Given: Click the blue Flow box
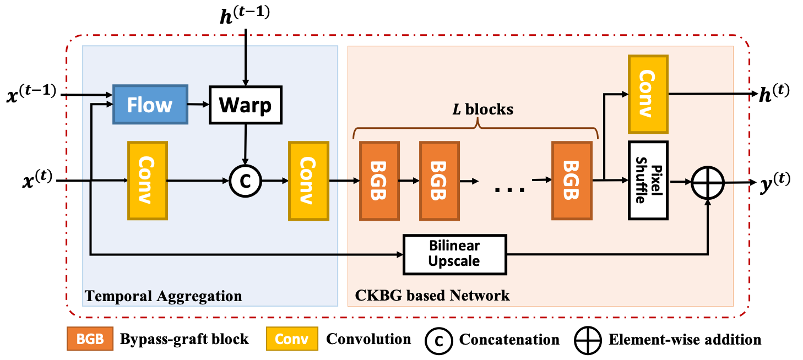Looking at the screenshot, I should [x=150, y=105].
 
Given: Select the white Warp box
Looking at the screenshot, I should [x=245, y=105].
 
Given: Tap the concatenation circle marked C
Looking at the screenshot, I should [x=245, y=181].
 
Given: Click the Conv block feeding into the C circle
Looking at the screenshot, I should [x=148, y=181].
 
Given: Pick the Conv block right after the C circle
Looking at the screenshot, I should [x=308, y=181].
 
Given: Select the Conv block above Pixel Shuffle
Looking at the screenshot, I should [x=648, y=94].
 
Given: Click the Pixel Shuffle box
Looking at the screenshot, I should [x=648, y=181].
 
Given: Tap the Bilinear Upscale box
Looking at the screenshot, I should [x=454, y=254].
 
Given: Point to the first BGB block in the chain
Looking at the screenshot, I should [x=379, y=181].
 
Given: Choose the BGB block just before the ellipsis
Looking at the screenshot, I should [x=439, y=181].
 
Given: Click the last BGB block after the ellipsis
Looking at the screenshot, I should [x=572, y=181].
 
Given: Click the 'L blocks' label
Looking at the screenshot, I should [x=482, y=110].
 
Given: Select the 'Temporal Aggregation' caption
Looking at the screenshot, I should [x=163, y=296].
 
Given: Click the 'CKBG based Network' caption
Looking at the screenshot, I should [x=432, y=296].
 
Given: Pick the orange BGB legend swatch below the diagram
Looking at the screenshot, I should [x=90, y=339].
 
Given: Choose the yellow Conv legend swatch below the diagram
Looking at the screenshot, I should [x=292, y=339].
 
